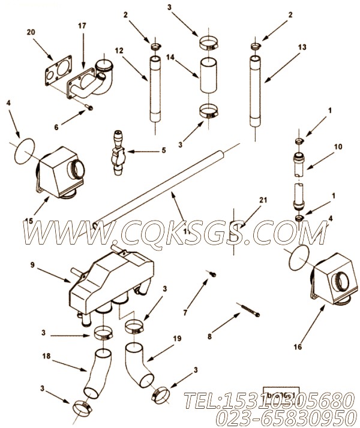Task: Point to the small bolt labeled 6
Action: [88, 107]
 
